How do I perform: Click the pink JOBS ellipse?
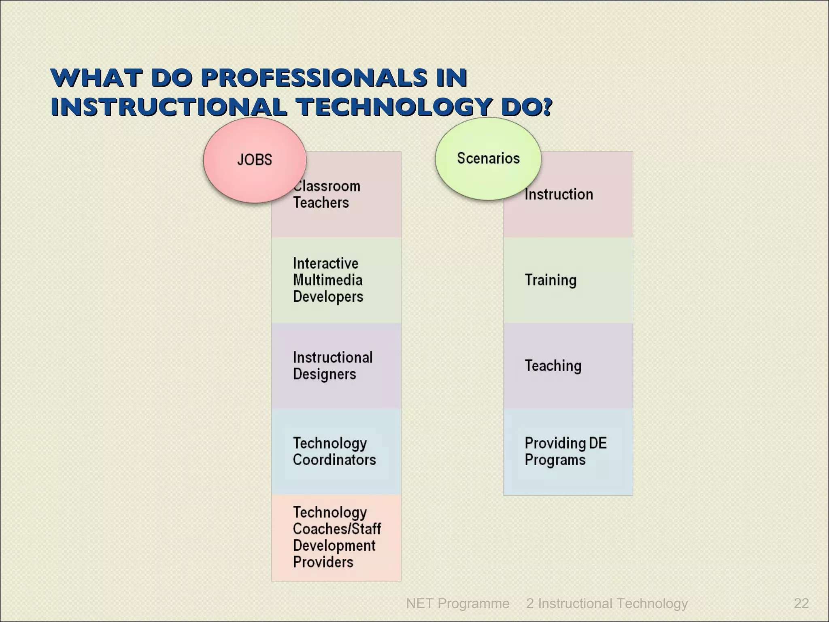tap(254, 160)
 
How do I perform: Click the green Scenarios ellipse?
tap(488, 158)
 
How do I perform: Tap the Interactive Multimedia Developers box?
tap(336, 280)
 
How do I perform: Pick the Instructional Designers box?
tap(336, 366)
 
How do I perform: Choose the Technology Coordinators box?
tap(336, 452)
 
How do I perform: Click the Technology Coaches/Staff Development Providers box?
tap(336, 537)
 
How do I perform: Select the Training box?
tap(568, 280)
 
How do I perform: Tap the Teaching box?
tap(568, 366)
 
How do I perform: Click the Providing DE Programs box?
tap(568, 452)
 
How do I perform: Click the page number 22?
tap(801, 603)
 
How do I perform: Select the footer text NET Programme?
tap(457, 603)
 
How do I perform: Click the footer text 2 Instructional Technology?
tap(607, 603)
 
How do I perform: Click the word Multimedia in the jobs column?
tap(327, 280)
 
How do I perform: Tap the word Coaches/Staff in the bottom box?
tap(337, 529)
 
